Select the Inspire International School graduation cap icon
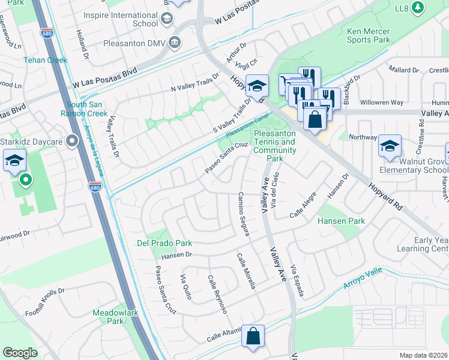point(166,19)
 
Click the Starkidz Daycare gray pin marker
point(73,141)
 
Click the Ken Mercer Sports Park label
point(368,35)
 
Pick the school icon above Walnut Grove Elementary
point(390,146)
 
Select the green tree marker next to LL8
point(419,7)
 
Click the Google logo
point(20,353)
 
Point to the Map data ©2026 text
point(423,355)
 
